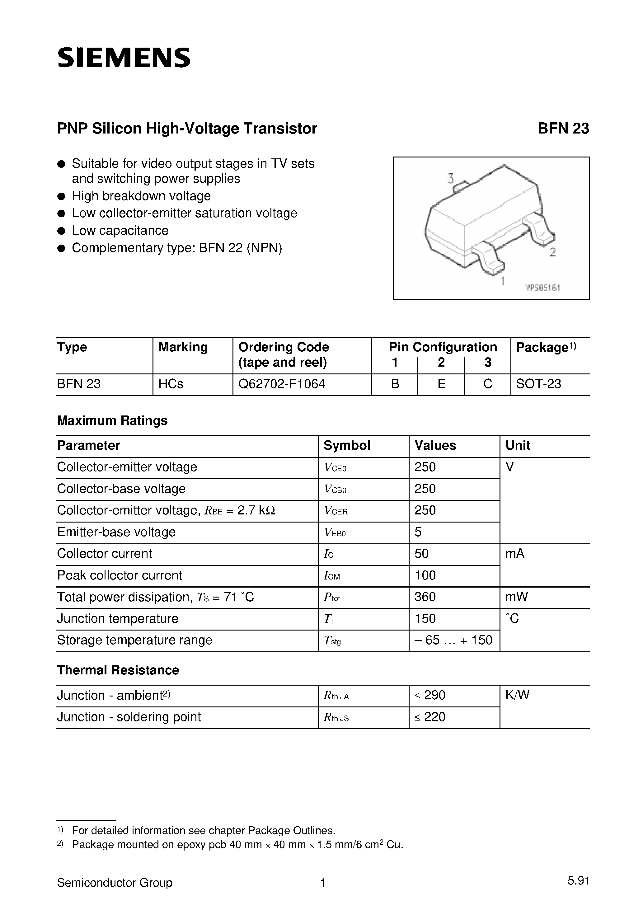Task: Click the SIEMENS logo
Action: pos(124,58)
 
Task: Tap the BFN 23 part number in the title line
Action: pos(563,129)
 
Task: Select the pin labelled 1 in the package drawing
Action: pos(502,281)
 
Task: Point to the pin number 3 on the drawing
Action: pos(450,179)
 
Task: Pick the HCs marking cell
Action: pos(171,384)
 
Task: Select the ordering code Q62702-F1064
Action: pos(282,384)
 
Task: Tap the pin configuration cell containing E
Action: pos(441,384)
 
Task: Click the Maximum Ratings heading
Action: pos(112,420)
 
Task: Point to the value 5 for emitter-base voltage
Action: pos(418,532)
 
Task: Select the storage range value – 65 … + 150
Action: pos(453,640)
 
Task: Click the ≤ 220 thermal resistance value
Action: pos(430,717)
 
